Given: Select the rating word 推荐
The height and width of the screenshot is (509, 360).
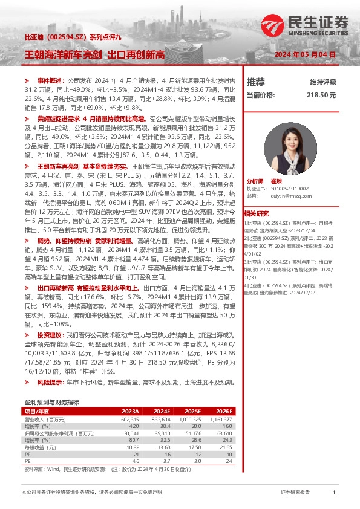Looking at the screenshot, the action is click(256, 82).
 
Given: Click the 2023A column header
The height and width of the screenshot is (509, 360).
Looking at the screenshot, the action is click(131, 410).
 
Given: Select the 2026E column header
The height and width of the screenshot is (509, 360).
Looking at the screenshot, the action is click(223, 410).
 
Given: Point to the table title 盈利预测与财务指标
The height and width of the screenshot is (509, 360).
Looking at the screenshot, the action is click(51, 402).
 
